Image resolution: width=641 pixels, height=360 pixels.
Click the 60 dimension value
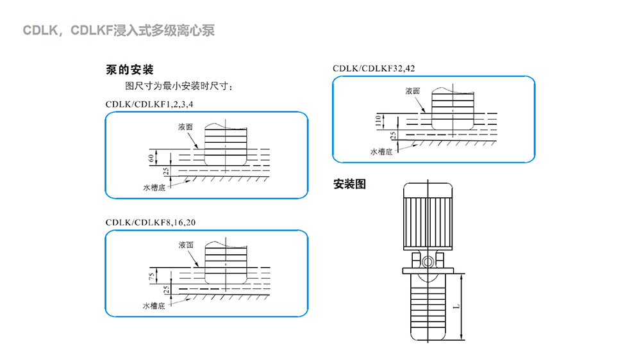tap(151, 158)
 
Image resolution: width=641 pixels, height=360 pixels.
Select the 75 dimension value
tap(151, 276)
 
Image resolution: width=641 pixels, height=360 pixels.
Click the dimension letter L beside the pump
tap(456, 306)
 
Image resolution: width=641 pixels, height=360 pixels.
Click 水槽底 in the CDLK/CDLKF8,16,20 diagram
tap(154, 306)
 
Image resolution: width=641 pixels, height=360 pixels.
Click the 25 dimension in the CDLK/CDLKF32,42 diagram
tap(393, 135)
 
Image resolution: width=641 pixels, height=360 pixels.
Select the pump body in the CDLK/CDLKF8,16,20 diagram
tap(226, 266)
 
